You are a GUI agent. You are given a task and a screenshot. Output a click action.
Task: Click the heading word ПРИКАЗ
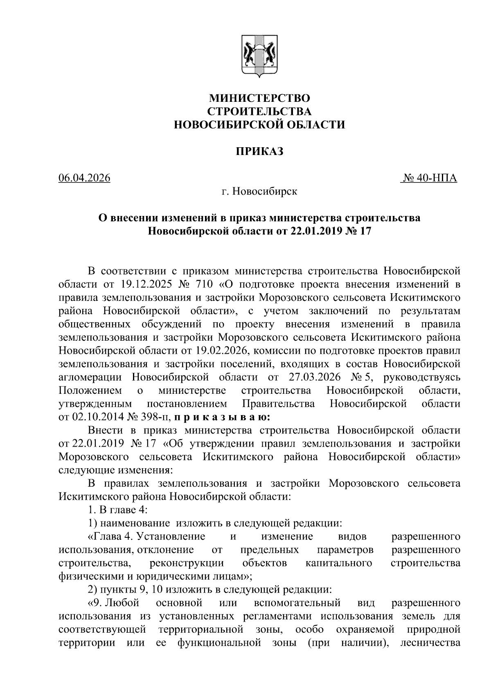point(259,152)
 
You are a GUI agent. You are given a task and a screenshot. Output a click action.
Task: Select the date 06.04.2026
point(84,178)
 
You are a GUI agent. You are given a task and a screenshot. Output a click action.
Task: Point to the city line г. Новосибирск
point(259,191)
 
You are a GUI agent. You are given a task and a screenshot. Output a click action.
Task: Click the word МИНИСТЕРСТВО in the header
point(259,99)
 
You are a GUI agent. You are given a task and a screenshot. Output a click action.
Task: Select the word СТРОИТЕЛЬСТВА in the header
point(259,112)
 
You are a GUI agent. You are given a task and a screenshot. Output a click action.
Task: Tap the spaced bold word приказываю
point(221,417)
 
